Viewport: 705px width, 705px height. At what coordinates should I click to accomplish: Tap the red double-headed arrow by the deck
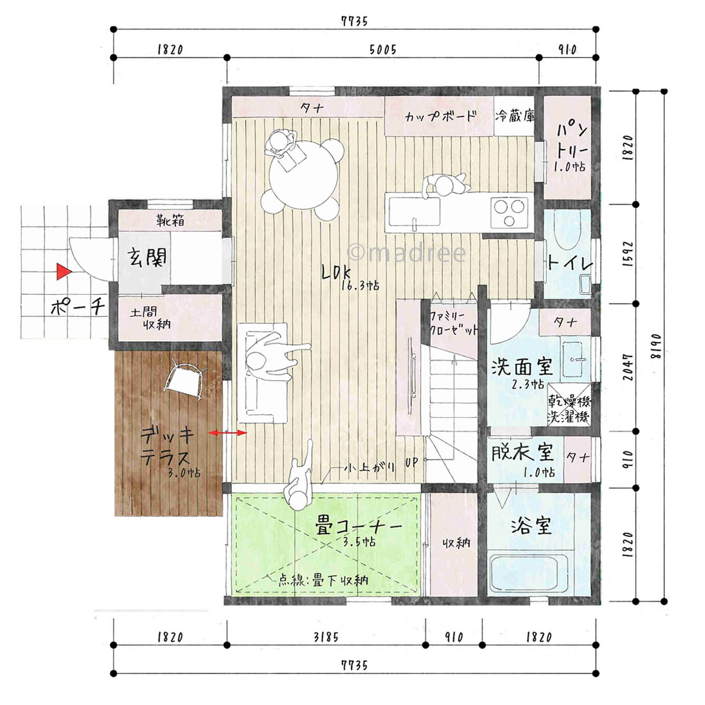coord(228,433)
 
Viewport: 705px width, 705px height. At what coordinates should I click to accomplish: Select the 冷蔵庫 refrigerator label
coord(515,116)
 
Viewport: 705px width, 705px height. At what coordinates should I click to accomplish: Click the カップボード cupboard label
coord(440,116)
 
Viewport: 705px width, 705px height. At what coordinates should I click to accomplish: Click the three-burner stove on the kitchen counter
coord(509,213)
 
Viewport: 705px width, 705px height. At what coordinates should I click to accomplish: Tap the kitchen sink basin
coord(414,212)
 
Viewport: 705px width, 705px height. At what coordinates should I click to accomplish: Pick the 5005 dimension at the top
coord(383,50)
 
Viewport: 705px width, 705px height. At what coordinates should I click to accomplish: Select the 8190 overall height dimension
coord(657,346)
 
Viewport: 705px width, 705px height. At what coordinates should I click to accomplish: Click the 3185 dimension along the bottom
coord(326,638)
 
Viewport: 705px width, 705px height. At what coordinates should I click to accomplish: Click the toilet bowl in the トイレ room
coord(566,229)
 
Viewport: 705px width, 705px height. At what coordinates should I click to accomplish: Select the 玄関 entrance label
coord(147,257)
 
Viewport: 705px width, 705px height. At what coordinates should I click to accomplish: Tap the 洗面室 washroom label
coord(521,366)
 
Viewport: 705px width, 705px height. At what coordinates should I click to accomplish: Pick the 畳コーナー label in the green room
coord(358,527)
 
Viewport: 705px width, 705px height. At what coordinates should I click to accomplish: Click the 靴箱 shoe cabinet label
coord(170,220)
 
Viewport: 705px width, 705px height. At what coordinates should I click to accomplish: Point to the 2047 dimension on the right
coord(628,367)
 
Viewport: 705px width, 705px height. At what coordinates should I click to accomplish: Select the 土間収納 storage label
coord(151,318)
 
